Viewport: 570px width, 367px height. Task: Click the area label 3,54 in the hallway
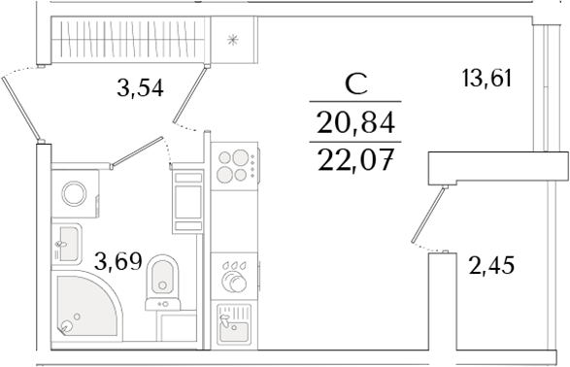point(138,89)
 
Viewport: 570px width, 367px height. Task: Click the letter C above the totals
point(354,84)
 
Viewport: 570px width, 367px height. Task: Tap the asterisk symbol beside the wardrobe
point(232,41)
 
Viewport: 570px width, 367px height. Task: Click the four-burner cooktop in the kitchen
point(234,165)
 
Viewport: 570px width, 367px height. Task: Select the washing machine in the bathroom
point(75,191)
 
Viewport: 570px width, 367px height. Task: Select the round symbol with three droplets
point(233,276)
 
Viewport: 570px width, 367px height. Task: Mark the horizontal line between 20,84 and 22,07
point(355,141)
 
